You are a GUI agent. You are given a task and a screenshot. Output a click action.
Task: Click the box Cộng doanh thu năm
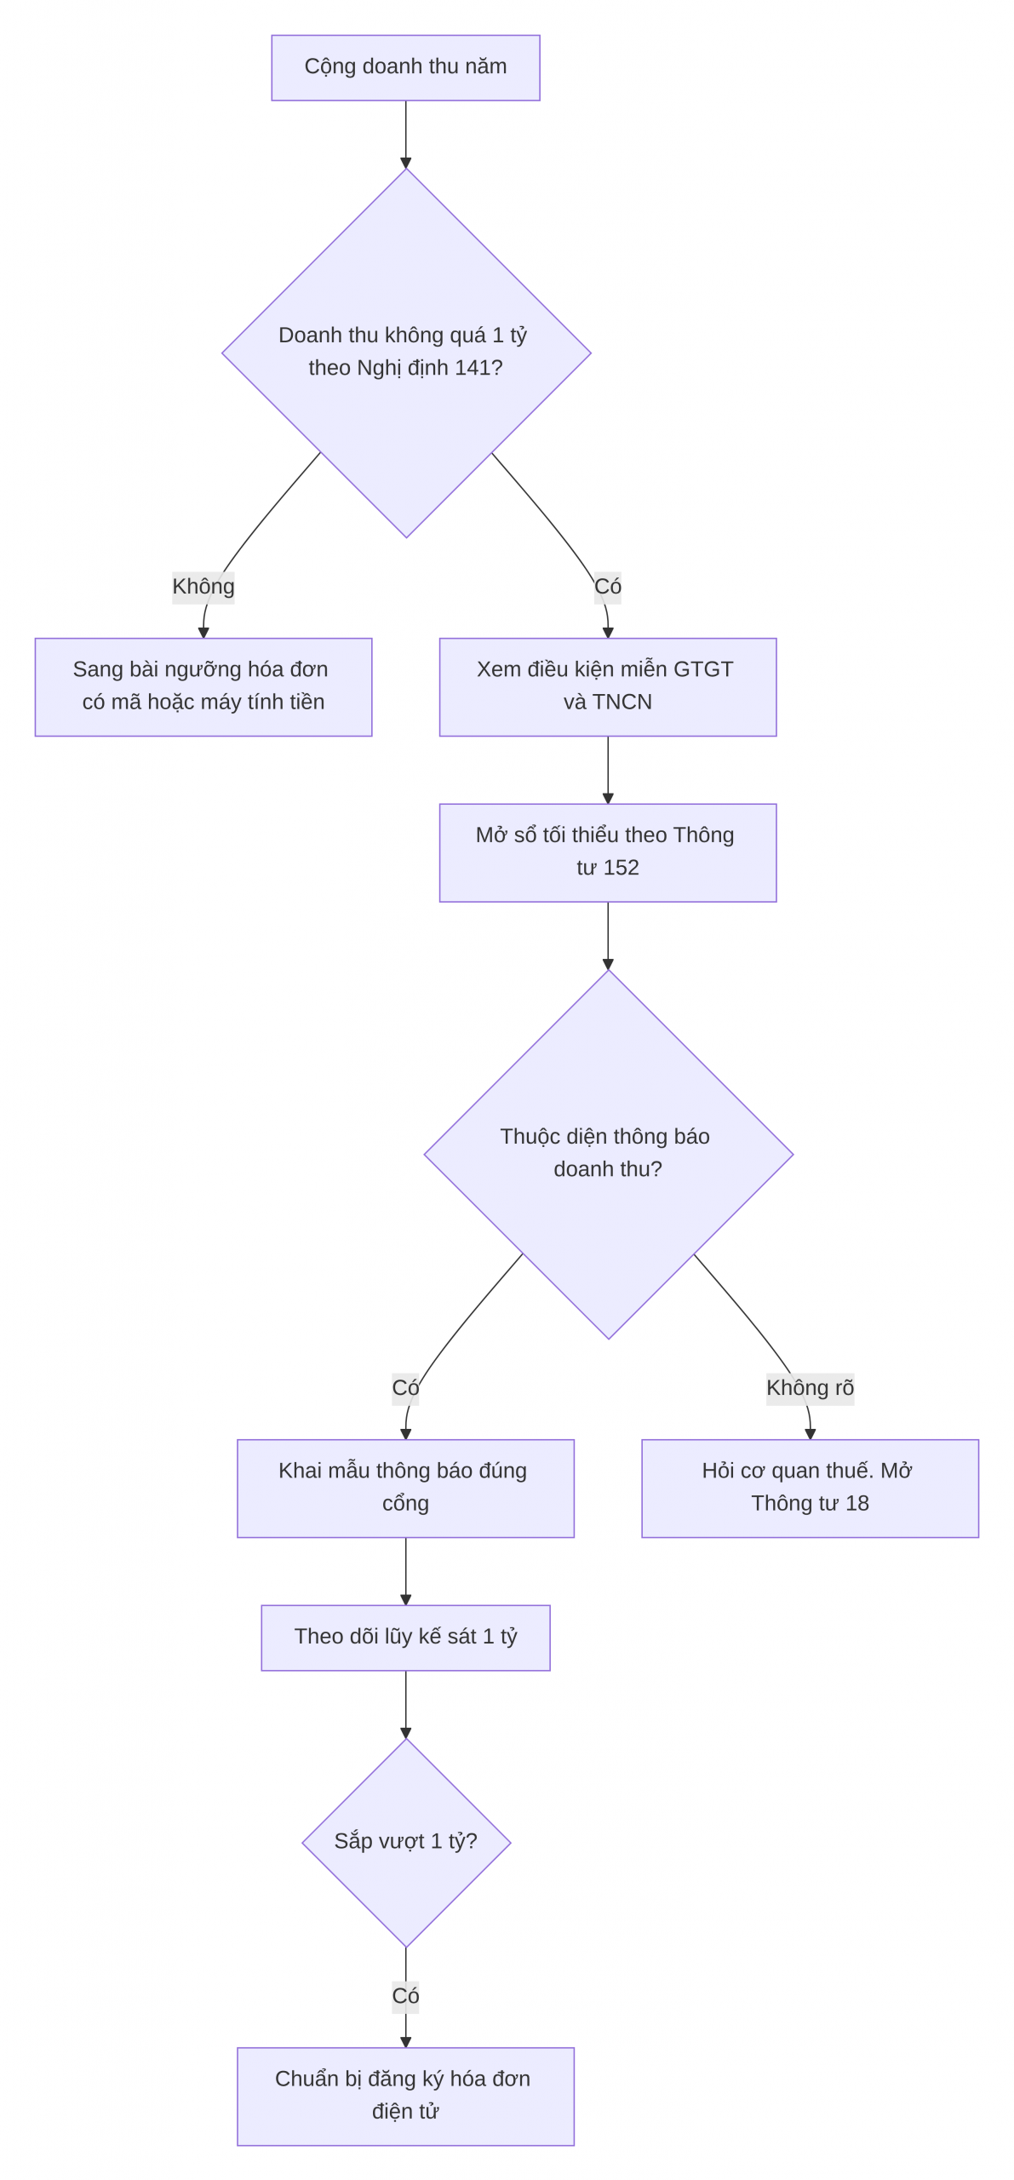(405, 67)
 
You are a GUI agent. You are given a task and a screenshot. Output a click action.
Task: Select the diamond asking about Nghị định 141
(406, 353)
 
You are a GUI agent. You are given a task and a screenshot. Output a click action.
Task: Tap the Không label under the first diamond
(203, 587)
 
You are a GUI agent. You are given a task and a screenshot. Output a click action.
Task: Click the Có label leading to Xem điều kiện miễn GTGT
(608, 587)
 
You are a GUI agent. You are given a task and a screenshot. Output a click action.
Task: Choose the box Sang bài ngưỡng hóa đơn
(203, 686)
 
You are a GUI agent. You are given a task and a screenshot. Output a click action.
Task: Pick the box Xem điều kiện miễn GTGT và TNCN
(608, 686)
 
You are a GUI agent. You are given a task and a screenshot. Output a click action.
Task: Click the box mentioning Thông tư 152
(608, 852)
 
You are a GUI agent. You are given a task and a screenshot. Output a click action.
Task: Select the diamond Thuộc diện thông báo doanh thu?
(608, 1154)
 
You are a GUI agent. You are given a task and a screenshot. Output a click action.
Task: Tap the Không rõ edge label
(810, 1388)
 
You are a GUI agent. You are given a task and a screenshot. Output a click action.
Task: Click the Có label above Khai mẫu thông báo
(405, 1388)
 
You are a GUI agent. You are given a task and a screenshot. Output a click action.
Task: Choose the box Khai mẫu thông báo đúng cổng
(405, 1488)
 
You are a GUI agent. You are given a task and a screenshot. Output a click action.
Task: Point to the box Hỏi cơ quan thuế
(810, 1488)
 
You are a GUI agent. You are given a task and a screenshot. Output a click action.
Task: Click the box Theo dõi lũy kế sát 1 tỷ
(405, 1638)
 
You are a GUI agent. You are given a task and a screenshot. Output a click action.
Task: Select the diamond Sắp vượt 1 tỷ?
(406, 1842)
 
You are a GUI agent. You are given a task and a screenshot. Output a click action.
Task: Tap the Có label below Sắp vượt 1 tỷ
(405, 1996)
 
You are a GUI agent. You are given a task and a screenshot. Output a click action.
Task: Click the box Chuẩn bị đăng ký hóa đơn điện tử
(405, 2096)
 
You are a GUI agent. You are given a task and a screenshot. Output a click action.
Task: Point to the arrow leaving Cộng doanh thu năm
(405, 135)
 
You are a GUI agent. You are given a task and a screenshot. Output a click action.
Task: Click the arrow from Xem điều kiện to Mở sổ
(608, 770)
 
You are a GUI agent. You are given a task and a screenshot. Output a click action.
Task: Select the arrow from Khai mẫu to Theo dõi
(405, 1571)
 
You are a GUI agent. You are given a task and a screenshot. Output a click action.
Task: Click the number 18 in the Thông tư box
(857, 1504)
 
